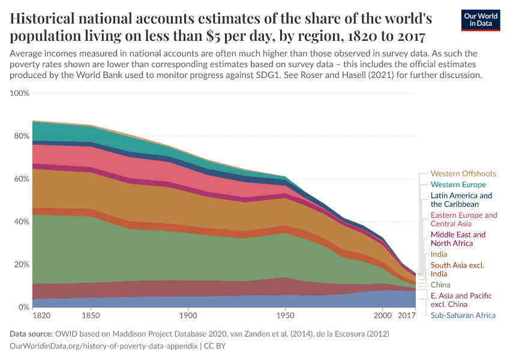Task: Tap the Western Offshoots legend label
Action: pyautogui.click(x=463, y=173)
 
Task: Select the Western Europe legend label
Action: pyautogui.click(x=458, y=185)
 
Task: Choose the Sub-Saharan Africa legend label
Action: pyautogui.click(x=463, y=315)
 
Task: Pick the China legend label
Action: pyautogui.click(x=441, y=284)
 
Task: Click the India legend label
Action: pyautogui.click(x=439, y=254)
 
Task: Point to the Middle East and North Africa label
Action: pyautogui.click(x=458, y=239)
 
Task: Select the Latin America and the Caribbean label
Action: pyautogui.click(x=461, y=200)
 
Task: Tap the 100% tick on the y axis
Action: pyautogui.click(x=20, y=94)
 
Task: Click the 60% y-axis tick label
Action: pyautogui.click(x=22, y=179)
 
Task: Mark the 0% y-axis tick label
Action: pyautogui.click(x=23, y=307)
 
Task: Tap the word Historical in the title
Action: pyautogui.click(x=50, y=18)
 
